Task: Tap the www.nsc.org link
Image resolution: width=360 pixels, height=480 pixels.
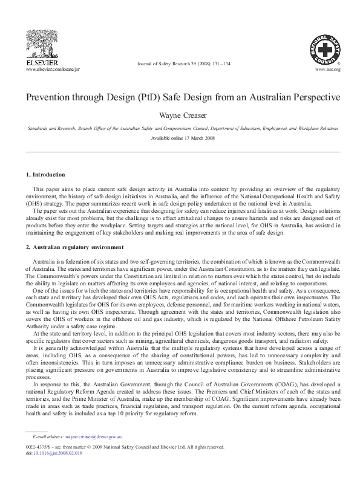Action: coord(328,70)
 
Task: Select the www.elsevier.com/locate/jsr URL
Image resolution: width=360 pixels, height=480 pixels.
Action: coord(53,70)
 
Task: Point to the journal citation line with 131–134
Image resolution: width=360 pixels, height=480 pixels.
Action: coord(184,64)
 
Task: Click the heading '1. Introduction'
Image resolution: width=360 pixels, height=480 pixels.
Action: coord(45,175)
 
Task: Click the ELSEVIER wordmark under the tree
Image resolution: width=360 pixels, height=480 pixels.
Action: coord(42,63)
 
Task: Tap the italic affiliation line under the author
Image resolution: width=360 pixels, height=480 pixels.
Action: coord(180,129)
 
